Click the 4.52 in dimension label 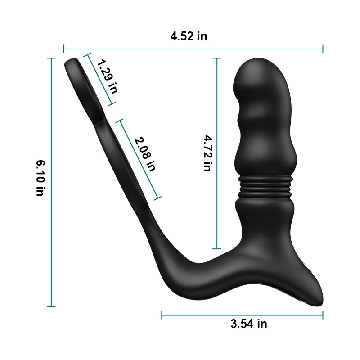189,36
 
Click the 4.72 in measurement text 206,153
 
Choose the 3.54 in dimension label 248,324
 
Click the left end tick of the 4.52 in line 64,48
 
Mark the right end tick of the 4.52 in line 323,48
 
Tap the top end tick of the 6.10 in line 52,58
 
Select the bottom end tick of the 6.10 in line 52,306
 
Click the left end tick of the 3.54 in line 162,315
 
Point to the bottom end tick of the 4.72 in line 217,248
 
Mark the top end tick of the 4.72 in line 217,58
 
